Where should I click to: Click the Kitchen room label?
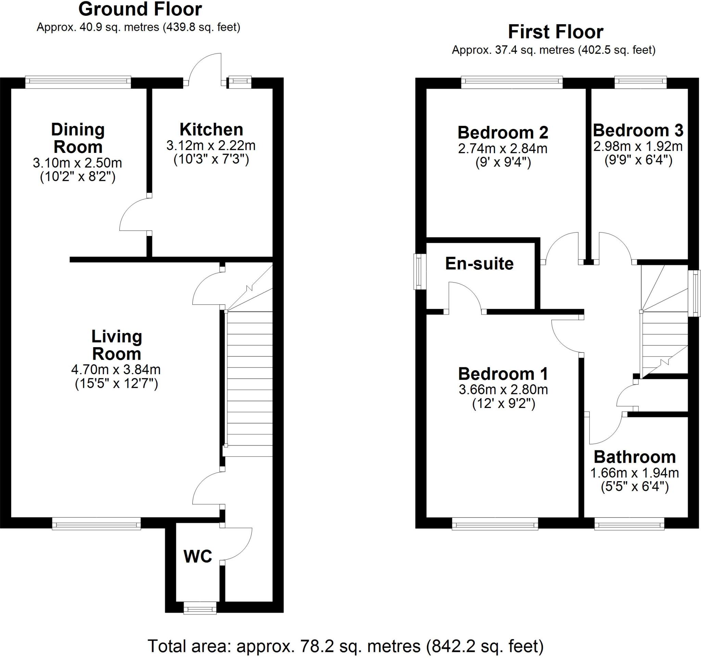point(211,130)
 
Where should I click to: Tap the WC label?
point(198,556)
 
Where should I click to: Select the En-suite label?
point(479,263)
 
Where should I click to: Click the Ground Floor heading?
point(140,10)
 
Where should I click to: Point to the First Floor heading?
point(556,32)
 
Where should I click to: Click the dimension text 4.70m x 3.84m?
point(116,369)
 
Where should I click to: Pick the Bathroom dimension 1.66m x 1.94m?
point(634,473)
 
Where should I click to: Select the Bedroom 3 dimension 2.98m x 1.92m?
point(638,146)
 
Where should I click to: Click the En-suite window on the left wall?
point(419,272)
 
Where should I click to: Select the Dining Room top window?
point(78,82)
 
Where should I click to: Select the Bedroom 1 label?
point(503,374)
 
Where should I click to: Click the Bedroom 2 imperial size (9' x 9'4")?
point(503,163)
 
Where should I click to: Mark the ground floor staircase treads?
point(249,380)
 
